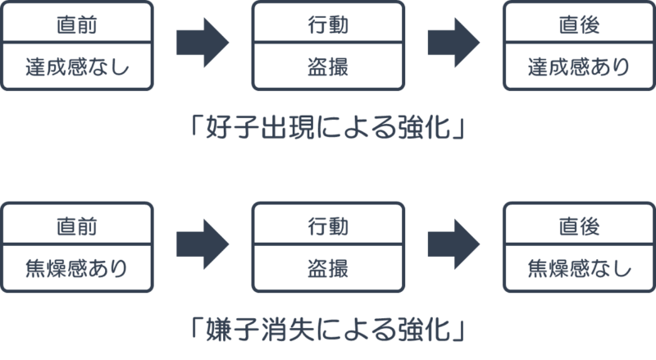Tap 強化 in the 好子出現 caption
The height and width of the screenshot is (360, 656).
[x=421, y=130]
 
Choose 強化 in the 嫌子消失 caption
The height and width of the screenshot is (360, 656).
[x=421, y=331]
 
